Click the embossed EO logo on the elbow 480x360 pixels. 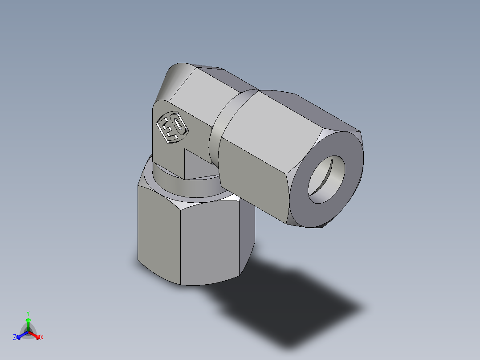coord(172,127)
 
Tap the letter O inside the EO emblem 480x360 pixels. coord(178,124)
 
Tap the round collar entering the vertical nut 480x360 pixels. coord(187,187)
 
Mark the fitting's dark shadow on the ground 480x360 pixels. coord(289,303)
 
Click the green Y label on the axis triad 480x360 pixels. coord(28,313)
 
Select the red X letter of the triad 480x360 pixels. coord(42,338)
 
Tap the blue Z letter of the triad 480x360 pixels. coord(15,338)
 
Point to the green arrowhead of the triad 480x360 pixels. coord(28,320)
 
